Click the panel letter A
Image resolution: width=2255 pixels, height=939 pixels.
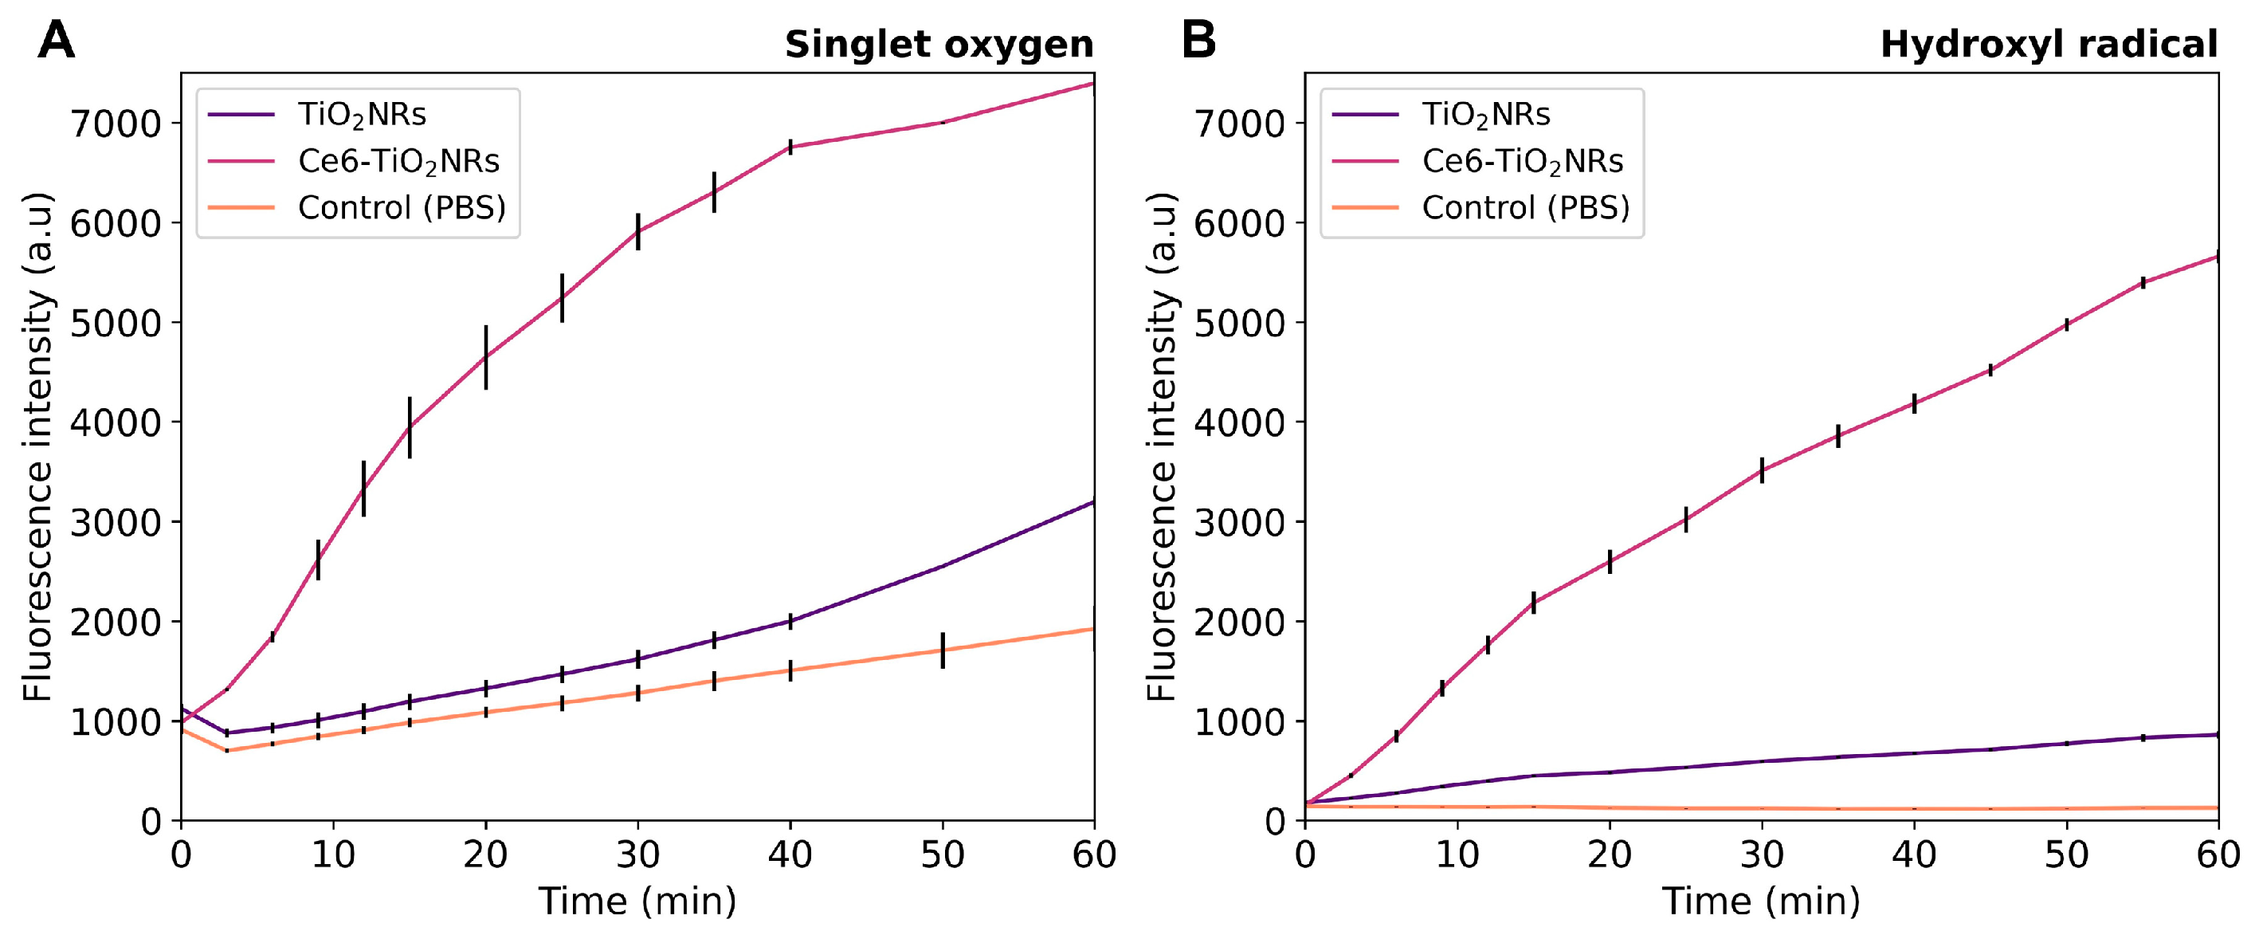[56, 41]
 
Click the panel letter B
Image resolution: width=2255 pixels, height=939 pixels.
[1198, 41]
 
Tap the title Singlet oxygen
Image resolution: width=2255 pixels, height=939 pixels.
[939, 45]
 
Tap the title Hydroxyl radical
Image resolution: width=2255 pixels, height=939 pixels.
[2049, 45]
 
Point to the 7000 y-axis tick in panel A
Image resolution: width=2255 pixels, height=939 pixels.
[116, 124]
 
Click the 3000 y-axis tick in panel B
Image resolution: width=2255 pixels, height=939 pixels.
[1241, 522]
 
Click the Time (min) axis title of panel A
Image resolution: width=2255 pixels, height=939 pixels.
[637, 902]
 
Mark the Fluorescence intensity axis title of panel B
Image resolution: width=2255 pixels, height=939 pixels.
[1161, 446]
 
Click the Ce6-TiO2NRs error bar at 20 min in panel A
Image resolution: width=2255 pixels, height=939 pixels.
[486, 356]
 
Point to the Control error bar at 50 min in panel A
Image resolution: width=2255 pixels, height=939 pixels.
[943, 650]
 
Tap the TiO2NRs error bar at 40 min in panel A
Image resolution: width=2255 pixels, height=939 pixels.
[790, 621]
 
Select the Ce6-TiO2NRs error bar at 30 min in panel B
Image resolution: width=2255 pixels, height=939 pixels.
[1761, 470]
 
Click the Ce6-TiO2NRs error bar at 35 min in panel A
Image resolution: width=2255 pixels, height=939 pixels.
[714, 192]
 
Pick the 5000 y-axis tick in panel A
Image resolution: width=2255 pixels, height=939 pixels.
[116, 323]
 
